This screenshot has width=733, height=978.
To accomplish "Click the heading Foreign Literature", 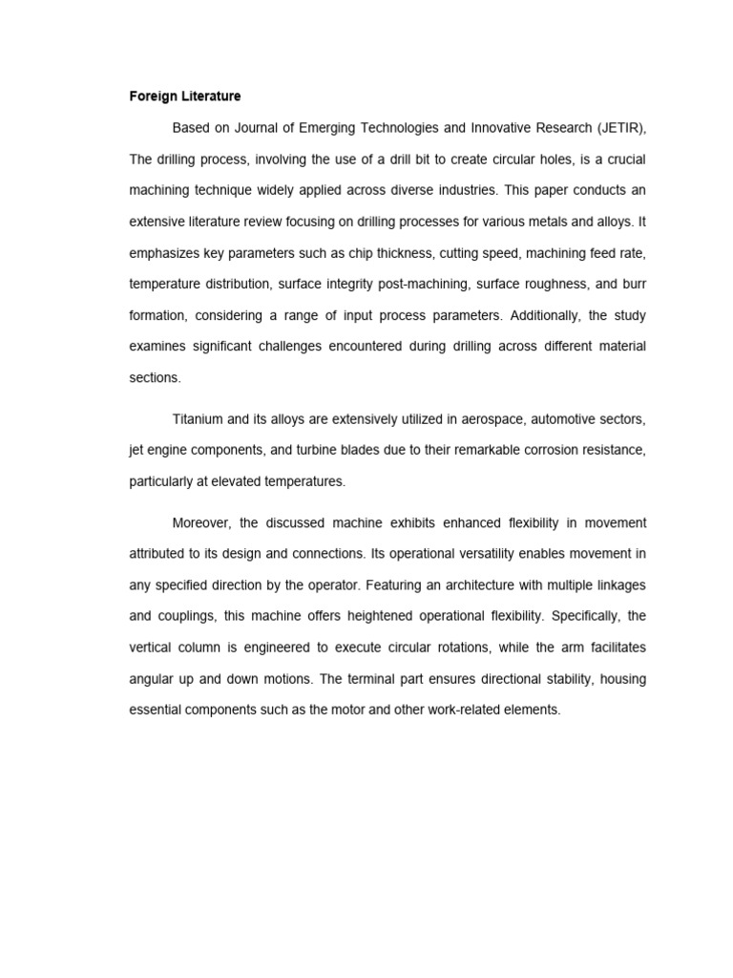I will [x=185, y=96].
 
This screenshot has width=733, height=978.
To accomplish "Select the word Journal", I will [x=274, y=128].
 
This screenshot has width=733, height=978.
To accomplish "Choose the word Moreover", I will [x=201, y=522].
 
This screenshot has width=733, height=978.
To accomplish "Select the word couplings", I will [x=187, y=616].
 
